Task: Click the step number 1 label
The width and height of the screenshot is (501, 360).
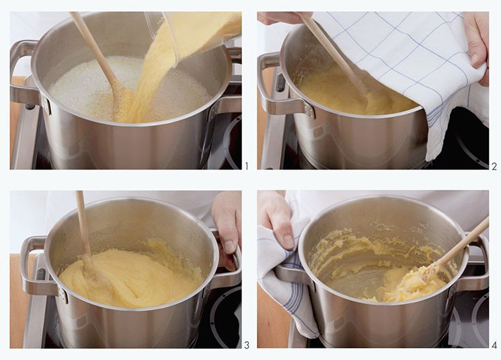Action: pos(246,166)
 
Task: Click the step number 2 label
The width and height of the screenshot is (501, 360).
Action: pos(494,166)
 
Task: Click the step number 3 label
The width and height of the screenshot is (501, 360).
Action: pos(247,345)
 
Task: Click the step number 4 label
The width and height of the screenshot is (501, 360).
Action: pos(494,345)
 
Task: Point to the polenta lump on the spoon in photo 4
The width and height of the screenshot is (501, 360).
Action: pos(412,285)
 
